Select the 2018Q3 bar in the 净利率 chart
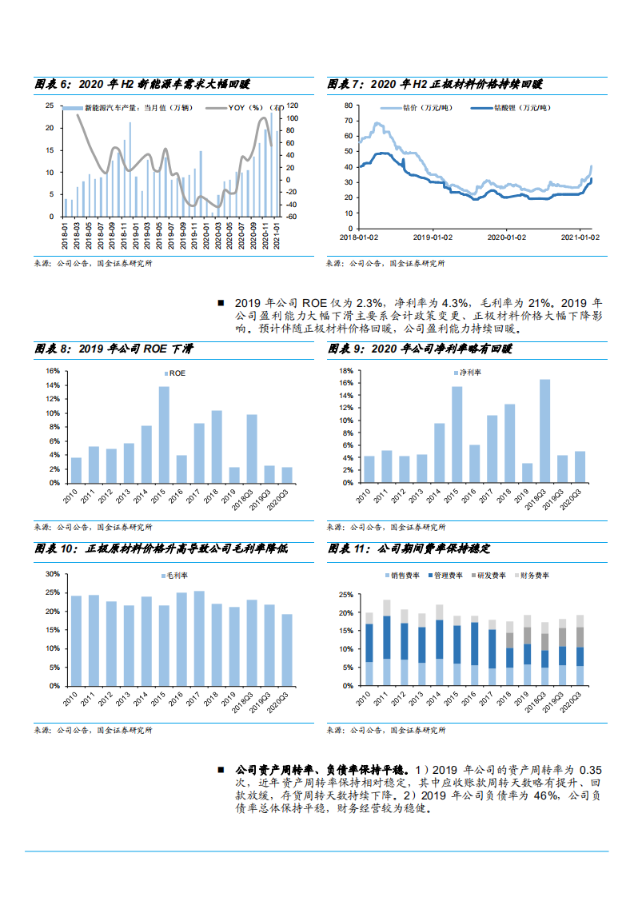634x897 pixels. click(544, 430)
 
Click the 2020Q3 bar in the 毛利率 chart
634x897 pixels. click(287, 649)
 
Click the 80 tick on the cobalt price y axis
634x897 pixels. click(348, 106)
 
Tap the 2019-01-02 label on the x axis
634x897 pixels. click(433, 237)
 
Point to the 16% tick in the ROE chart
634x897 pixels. click(53, 371)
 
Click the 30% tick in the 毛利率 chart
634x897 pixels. click(53, 574)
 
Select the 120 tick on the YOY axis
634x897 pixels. click(292, 106)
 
